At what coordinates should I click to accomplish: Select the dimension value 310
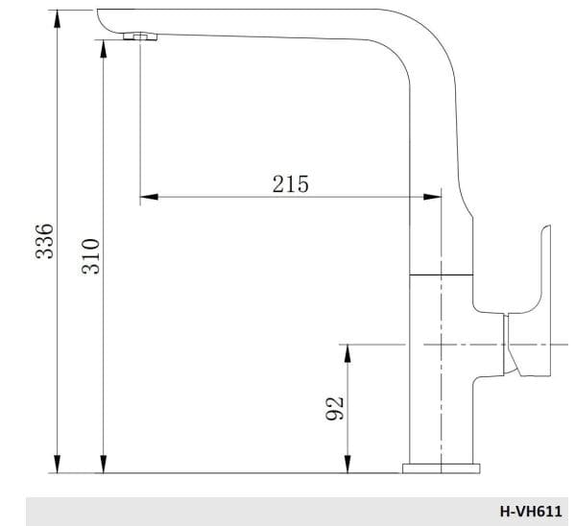[89, 256]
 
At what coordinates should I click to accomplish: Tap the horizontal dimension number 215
[290, 183]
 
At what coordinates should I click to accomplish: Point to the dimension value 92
[335, 408]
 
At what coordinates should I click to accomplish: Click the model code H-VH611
[531, 512]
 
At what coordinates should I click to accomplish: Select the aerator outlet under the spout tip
[140, 36]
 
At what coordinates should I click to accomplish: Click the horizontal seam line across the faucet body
[443, 275]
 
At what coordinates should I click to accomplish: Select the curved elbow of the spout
[422, 43]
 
